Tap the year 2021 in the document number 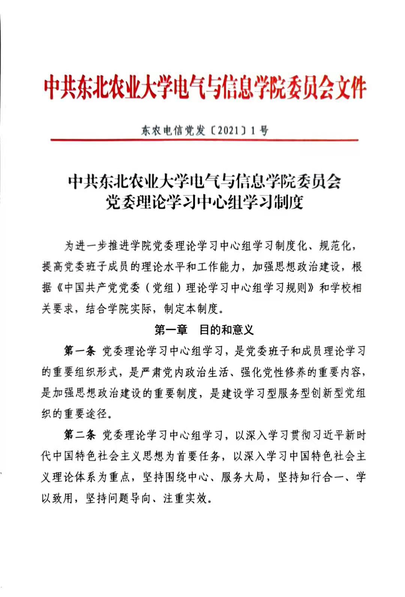pos(228,130)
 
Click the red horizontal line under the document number pos(204,140)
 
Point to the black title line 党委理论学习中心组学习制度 pos(204,202)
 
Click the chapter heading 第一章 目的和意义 pos(204,330)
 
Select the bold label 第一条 pos(80,351)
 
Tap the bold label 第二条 pos(80,435)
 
